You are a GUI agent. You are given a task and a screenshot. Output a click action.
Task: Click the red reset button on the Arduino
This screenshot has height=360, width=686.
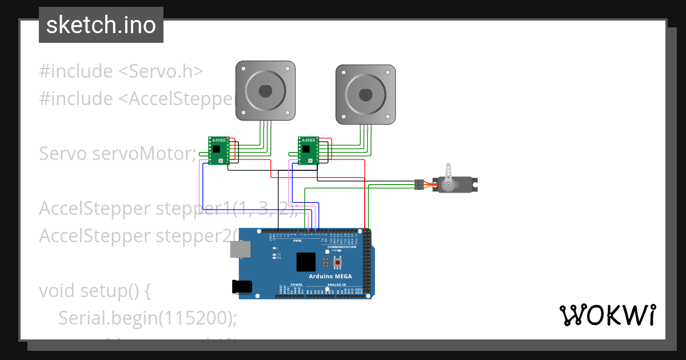(x=338, y=262)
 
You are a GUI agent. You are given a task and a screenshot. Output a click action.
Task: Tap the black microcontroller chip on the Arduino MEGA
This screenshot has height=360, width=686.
(x=306, y=262)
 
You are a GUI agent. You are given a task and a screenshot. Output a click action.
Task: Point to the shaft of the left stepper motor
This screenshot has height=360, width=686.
(x=265, y=91)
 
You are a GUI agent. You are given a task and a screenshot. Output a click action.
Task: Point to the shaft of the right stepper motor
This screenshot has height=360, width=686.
(x=365, y=94)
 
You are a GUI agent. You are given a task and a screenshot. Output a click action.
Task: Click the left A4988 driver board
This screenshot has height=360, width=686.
(x=217, y=151)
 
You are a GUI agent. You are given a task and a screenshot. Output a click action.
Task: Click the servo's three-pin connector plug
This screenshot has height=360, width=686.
(x=418, y=185)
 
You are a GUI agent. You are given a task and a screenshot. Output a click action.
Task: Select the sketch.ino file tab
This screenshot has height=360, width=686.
(x=101, y=25)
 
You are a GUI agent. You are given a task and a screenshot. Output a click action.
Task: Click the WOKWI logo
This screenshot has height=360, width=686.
(x=607, y=315)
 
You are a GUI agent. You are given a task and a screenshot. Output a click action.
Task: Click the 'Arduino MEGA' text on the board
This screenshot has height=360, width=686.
(x=330, y=277)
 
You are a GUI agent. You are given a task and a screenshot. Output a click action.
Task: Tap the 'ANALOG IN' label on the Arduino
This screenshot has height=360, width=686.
(x=340, y=285)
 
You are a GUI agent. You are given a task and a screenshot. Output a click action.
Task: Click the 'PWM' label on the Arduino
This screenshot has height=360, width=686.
(x=297, y=241)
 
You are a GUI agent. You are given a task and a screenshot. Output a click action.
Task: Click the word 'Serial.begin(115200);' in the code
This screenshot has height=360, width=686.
(x=147, y=318)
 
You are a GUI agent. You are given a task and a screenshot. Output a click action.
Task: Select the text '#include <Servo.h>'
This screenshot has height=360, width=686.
(x=121, y=71)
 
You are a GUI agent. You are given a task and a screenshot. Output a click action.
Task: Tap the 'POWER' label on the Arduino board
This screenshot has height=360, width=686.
(x=296, y=285)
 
